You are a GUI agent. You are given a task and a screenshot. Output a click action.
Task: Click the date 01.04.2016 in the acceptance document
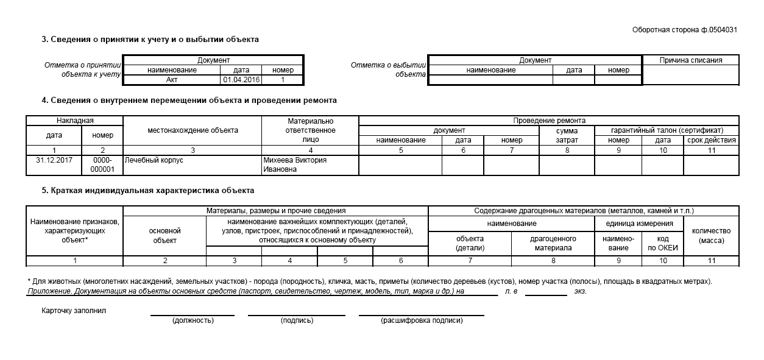pos(241,79)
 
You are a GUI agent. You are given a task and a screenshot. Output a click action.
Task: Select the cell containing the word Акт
pos(172,79)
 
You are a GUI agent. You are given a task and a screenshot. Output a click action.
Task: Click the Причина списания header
pos(691,60)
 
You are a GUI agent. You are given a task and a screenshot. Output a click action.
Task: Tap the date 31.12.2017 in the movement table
pos(54,160)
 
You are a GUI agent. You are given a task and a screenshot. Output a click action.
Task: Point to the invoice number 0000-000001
pos(102,165)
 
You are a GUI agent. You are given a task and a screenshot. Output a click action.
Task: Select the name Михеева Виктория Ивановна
pos(295,165)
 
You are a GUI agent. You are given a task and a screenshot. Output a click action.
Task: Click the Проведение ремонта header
pos(549,121)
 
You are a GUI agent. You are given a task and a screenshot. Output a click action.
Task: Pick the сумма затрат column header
pos(567,135)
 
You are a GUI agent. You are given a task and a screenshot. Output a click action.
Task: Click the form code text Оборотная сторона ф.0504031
pos(685,29)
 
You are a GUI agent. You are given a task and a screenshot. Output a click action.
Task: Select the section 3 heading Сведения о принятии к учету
pos(150,39)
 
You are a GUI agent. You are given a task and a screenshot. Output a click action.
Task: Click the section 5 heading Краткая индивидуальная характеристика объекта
pos(148,191)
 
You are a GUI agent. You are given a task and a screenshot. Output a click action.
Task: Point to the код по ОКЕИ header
pos(663,244)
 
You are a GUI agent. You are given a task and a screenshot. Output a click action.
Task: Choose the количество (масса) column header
pos(712,235)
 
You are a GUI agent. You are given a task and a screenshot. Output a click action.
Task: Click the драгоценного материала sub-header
pos(553,244)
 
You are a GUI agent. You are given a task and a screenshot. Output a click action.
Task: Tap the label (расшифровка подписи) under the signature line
pos(421,320)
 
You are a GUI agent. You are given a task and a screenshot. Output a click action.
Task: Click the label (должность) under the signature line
pos(193,320)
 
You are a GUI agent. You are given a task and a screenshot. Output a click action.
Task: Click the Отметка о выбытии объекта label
pos(388,69)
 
